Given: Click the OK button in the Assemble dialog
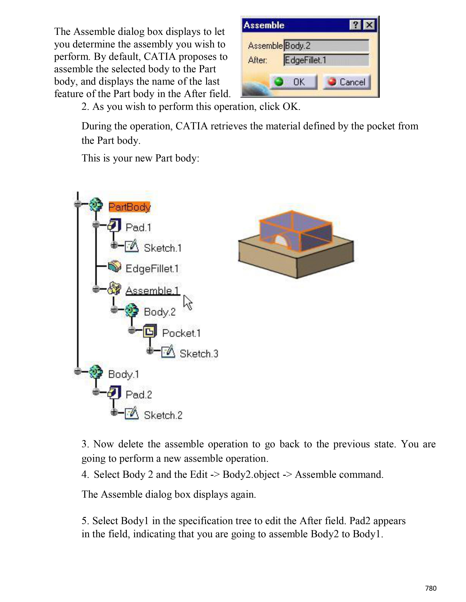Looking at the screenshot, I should (x=293, y=82).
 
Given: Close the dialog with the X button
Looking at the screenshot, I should (x=369, y=25).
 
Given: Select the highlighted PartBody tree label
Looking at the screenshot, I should (x=130, y=207).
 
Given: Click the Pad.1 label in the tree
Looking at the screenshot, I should (x=138, y=227).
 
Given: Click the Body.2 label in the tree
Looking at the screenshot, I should (x=160, y=312).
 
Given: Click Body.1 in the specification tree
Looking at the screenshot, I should (x=123, y=374).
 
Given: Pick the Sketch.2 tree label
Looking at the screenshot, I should (x=163, y=415).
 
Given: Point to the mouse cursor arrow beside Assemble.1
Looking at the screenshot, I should (x=188, y=302).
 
